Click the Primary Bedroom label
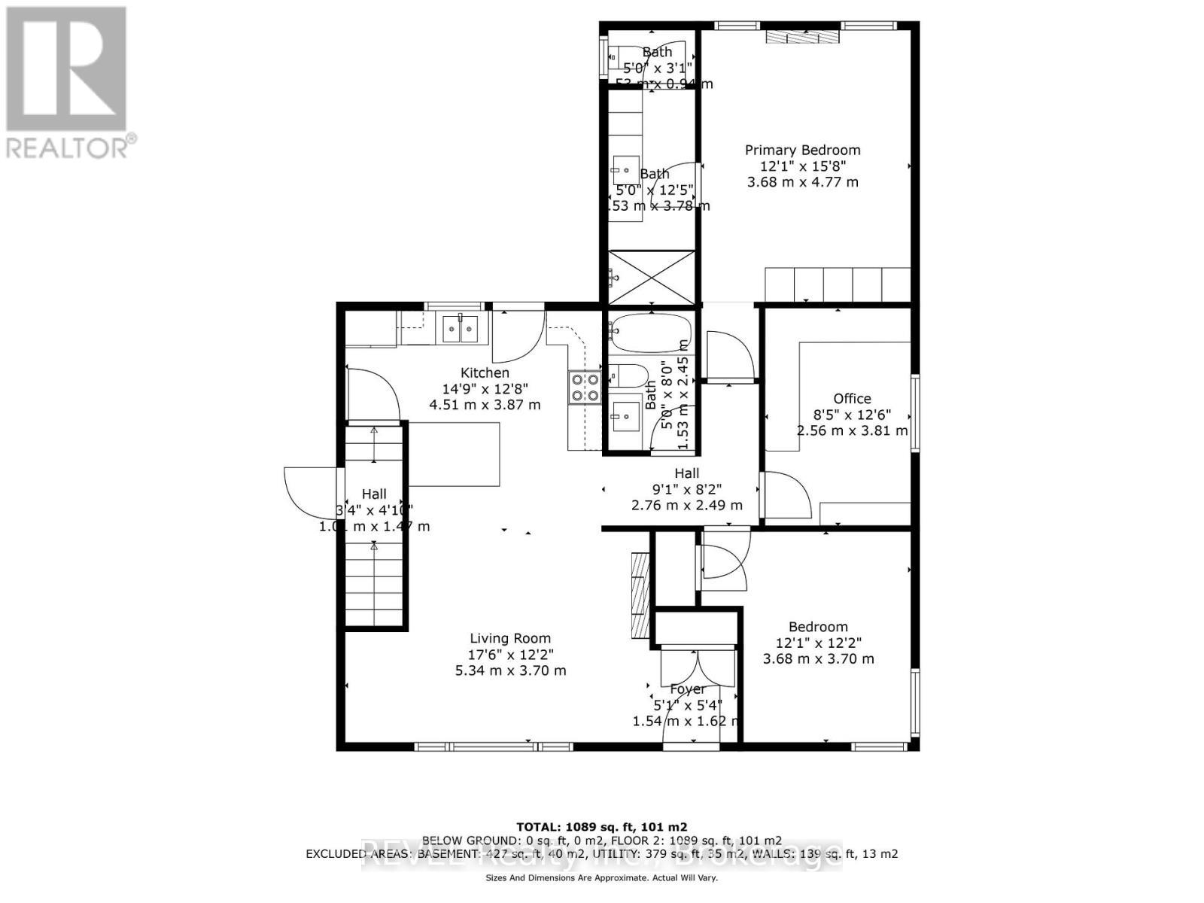[802, 150]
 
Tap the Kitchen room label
[485, 372]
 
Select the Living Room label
[510, 638]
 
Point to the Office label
[852, 399]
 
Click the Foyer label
[687, 689]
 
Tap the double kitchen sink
[460, 328]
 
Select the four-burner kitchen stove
[585, 388]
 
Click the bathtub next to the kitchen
[651, 331]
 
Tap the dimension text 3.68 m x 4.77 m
[802, 182]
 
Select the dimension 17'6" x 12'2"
[510, 655]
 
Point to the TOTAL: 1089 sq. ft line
[601, 826]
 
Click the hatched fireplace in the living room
[639, 596]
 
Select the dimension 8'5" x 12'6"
[852, 415]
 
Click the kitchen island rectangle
[455, 454]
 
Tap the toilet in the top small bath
[624, 53]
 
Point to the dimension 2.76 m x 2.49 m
[686, 505]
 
